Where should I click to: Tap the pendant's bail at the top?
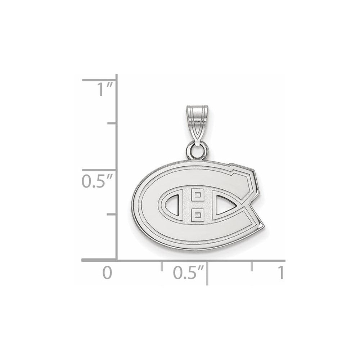197,121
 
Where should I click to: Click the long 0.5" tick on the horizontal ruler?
207,273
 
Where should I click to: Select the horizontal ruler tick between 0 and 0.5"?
162,266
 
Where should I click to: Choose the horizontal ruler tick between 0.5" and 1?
252,266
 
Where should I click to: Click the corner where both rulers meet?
117,260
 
